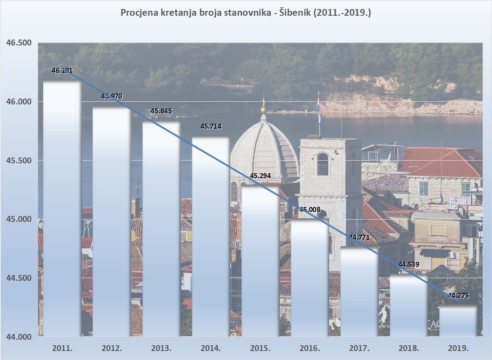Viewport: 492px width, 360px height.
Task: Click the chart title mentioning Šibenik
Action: (246, 13)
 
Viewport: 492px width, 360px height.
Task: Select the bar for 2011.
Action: (62, 207)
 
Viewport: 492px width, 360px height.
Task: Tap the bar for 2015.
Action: (260, 261)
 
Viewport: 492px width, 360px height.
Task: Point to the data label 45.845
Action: (161, 111)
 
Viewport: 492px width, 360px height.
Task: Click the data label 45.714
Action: (211, 126)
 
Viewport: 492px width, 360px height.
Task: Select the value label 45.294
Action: (260, 175)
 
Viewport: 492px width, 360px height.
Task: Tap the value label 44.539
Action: (409, 264)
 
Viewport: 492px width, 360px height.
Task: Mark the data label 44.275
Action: (458, 295)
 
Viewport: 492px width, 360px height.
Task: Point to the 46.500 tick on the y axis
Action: (19, 43)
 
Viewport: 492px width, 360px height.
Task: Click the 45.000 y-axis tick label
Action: (19, 219)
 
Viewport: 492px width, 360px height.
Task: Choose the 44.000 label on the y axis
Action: (19, 337)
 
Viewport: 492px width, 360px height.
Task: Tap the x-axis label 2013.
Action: (161, 348)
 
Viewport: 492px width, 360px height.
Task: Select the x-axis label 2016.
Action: (310, 348)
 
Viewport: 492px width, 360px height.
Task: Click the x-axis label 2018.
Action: (409, 348)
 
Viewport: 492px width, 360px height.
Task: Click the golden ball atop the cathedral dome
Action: (264, 110)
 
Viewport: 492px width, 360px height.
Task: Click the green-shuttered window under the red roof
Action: (424, 189)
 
